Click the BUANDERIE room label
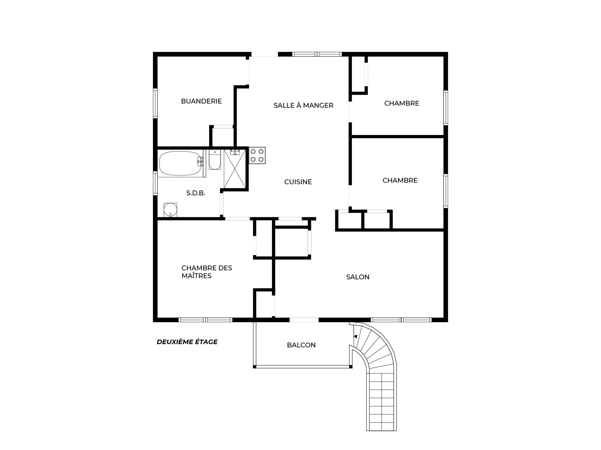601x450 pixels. pos(201,101)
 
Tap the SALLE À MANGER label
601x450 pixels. pos(303,105)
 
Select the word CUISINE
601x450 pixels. pos(298,182)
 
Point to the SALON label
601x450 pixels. pos(358,277)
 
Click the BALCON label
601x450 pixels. pos(301,345)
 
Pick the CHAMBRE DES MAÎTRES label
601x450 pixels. pos(207,272)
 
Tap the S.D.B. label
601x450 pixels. pos(196,193)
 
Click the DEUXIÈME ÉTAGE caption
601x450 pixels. pos(187,342)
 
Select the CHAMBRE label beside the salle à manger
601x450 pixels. pos(402,103)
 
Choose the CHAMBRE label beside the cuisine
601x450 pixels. pos(400,181)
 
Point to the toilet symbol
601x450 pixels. pos(215,160)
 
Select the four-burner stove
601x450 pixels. pos(257,155)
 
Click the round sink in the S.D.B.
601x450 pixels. pos(170,210)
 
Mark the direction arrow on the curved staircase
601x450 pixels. pos(355,337)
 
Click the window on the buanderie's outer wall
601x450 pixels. pos(155,103)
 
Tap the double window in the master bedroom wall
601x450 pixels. pos(205,320)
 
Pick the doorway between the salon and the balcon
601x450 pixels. pos(304,320)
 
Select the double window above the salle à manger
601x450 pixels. pos(317,54)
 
